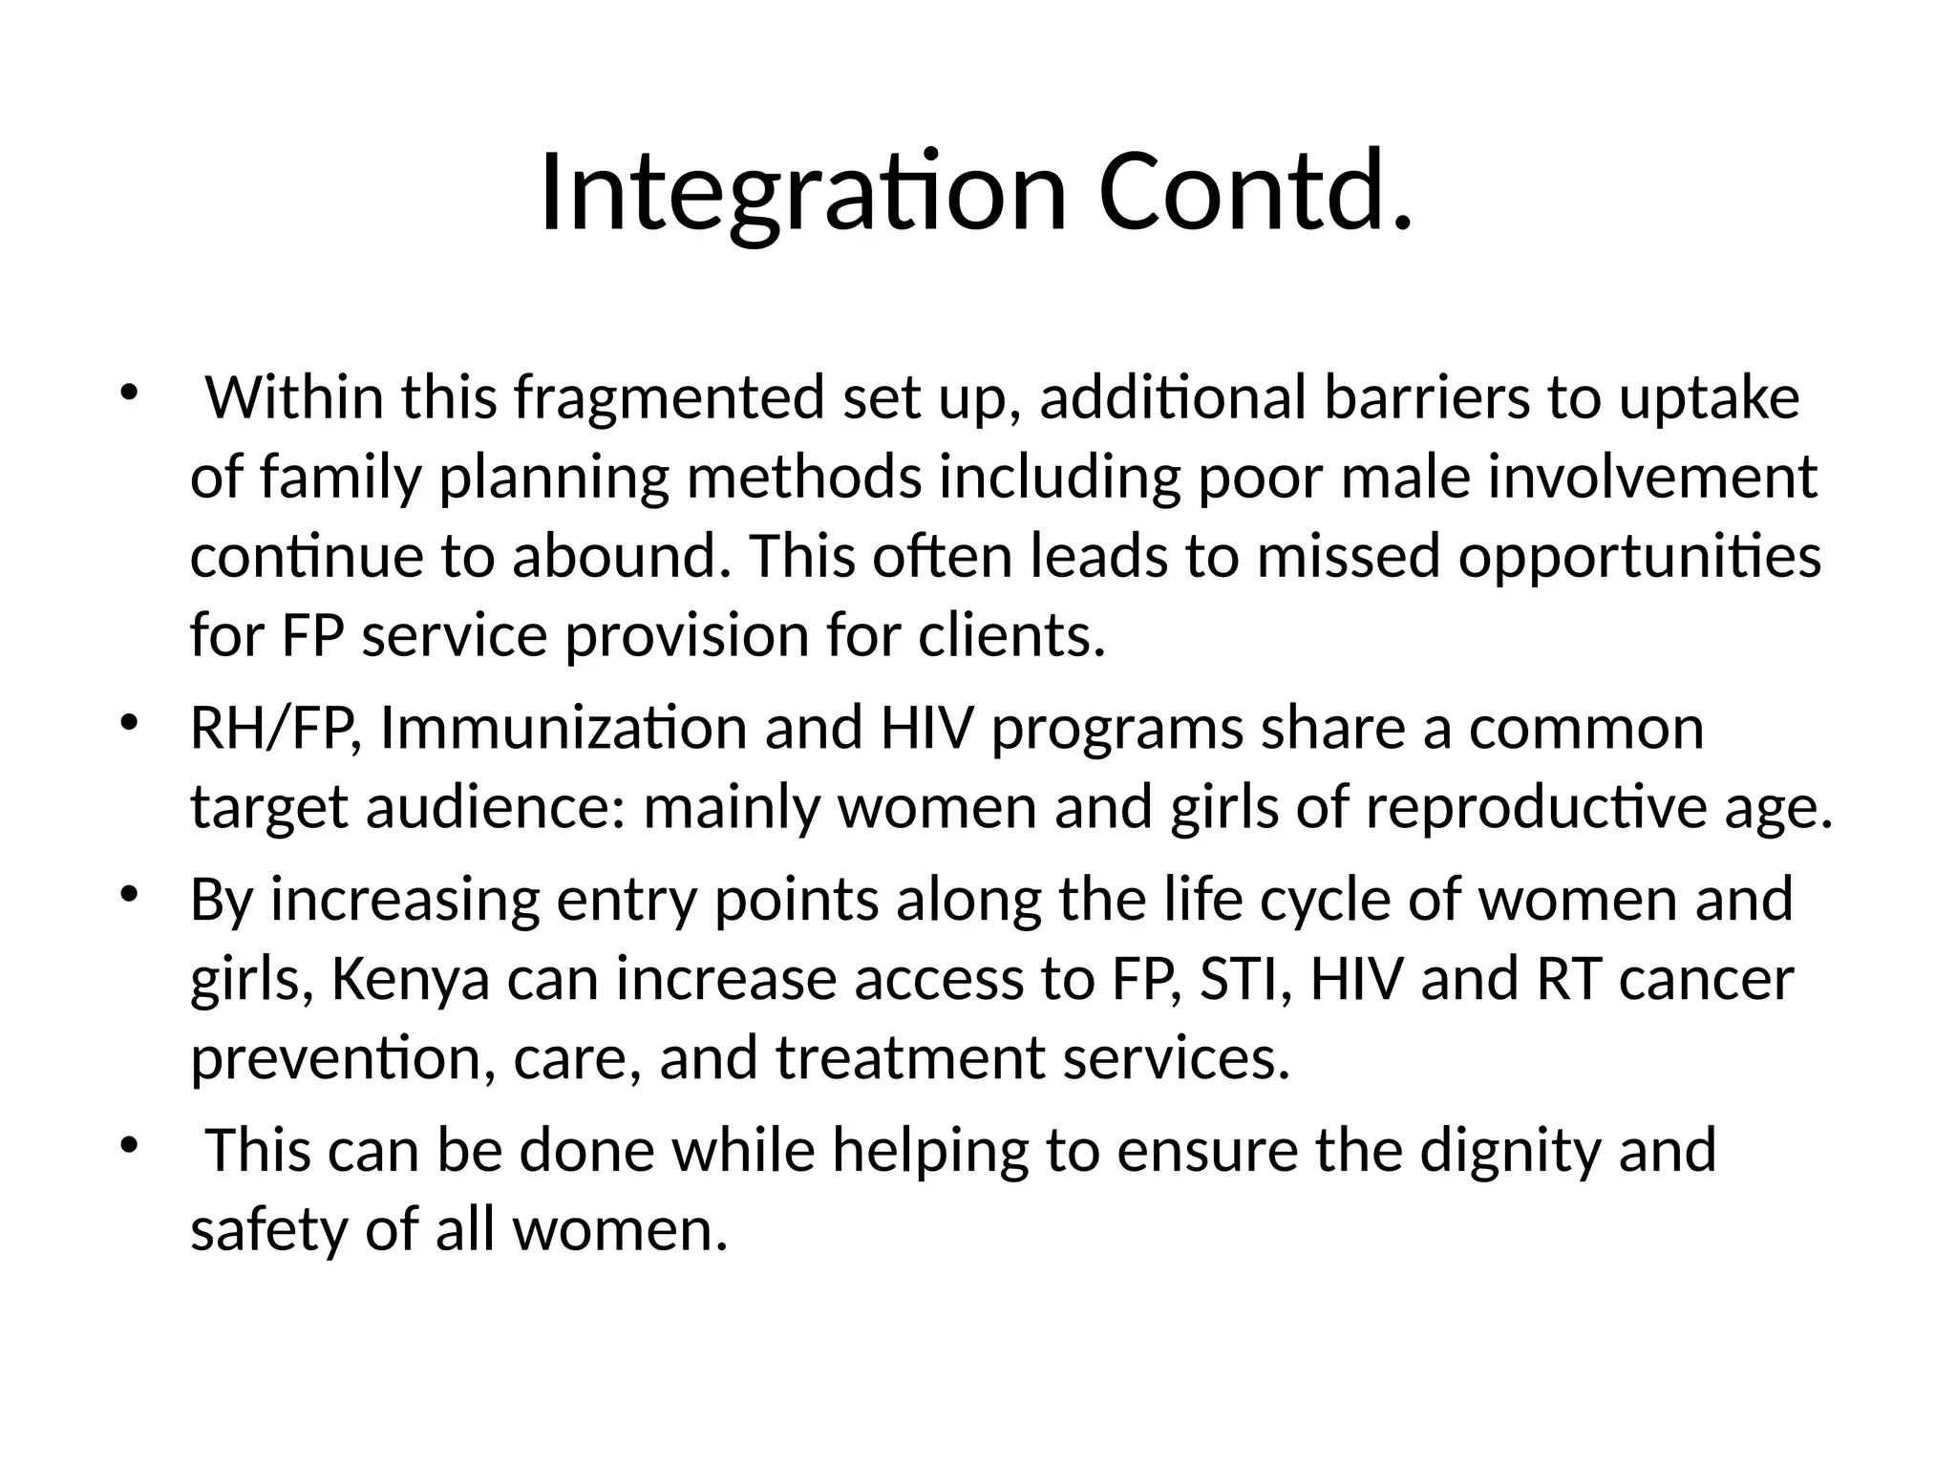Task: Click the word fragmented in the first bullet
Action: [x=669, y=398]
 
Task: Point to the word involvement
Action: [x=1652, y=478]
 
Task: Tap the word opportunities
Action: [x=1639, y=557]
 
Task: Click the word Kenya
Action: [x=410, y=980]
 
